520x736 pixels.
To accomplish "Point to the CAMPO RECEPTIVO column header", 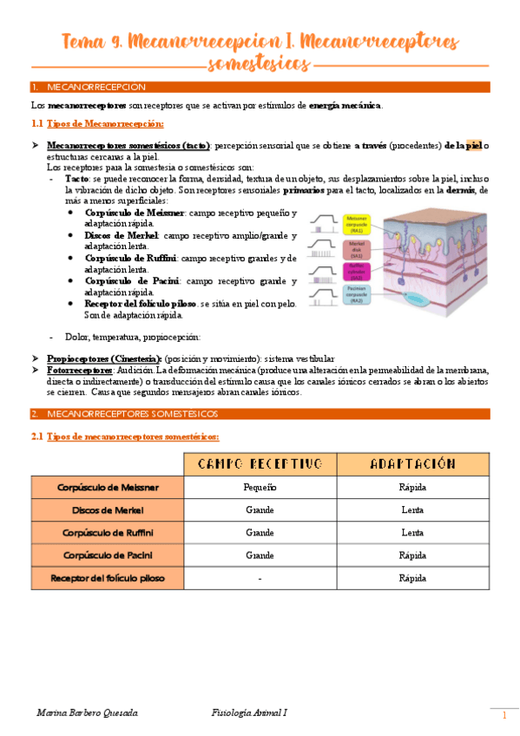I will pyautogui.click(x=260, y=463).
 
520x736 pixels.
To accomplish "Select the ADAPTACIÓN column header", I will pyautogui.click(x=412, y=463).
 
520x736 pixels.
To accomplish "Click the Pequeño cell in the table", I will pyautogui.click(x=260, y=487).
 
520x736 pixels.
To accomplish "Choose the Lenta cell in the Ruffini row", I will pyautogui.click(x=412, y=532).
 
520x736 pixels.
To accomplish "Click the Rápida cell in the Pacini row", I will pyautogui.click(x=412, y=555).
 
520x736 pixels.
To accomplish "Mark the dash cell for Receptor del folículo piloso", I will pyautogui.click(x=260, y=577).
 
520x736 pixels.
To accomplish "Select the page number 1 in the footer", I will pyautogui.click(x=504, y=715).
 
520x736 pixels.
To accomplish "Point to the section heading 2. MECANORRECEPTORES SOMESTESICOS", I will pyautogui.click(x=130, y=412).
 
